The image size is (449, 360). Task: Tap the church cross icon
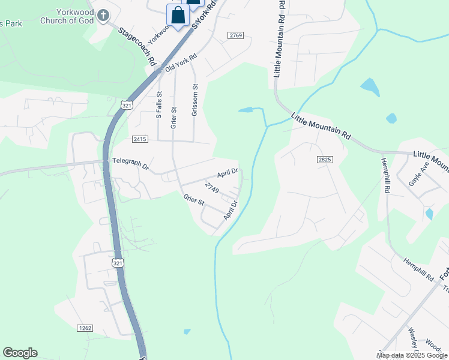(x=103, y=14)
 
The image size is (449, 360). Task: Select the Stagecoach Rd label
(x=137, y=46)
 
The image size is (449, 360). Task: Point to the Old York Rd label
(x=181, y=64)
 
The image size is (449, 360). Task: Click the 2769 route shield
(x=236, y=36)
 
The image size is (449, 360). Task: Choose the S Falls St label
(x=159, y=105)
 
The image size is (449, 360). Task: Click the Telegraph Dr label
(x=130, y=163)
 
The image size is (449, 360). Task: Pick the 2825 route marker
(x=325, y=160)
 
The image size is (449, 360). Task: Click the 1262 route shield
(x=85, y=328)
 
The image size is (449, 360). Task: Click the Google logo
(x=20, y=353)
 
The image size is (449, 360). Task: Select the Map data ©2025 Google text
(x=412, y=355)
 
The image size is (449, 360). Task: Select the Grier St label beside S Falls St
(x=173, y=118)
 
